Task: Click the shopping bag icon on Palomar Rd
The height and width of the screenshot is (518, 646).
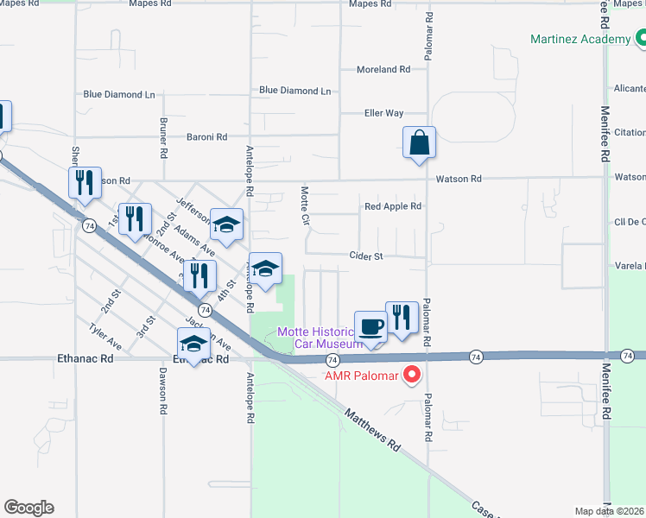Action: pos(419,142)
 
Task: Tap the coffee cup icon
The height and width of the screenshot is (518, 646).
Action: pos(371,326)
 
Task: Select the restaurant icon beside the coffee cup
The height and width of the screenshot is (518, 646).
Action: pos(402,318)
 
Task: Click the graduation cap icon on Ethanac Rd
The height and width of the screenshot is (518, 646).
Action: pos(194,344)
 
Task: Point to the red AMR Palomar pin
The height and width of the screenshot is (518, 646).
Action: pos(412,375)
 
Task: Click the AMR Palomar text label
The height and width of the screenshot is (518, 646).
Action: pos(361,376)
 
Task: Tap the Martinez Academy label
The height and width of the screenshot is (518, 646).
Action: pos(581,40)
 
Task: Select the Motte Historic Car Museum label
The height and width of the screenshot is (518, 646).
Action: pos(316,338)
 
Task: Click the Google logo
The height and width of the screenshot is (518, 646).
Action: pos(28,508)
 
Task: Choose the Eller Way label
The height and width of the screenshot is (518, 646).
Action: pos(383,113)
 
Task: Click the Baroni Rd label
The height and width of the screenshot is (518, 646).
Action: pos(206,136)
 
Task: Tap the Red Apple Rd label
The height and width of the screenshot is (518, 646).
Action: pos(392,206)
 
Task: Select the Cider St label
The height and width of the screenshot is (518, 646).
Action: pos(366,256)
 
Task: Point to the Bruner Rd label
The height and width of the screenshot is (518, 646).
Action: pos(163,138)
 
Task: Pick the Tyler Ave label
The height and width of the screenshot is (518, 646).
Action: pos(105,337)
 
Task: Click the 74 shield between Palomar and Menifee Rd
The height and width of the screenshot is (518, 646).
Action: pos(476,357)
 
